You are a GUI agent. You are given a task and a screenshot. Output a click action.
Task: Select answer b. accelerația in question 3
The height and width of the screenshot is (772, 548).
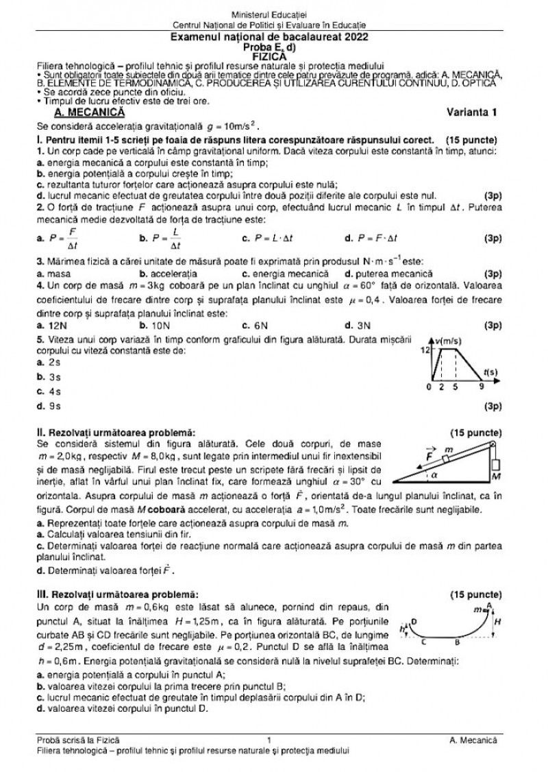(168, 272)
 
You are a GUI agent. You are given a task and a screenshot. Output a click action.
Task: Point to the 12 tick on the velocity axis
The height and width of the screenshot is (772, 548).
(425, 349)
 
